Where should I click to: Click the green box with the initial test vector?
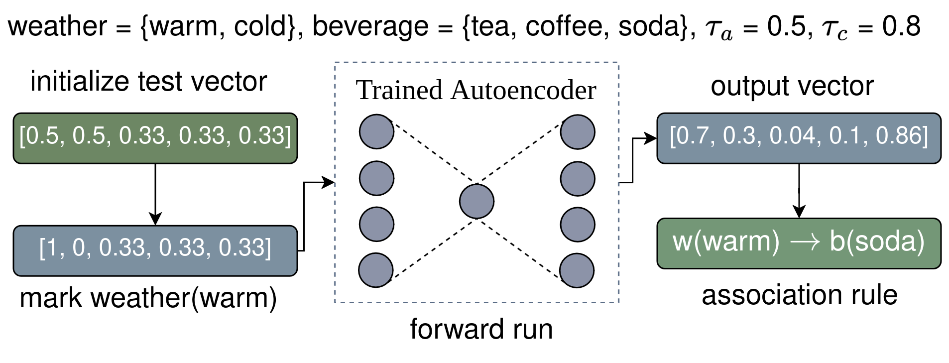tap(155, 138)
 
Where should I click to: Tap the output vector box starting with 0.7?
tap(799, 138)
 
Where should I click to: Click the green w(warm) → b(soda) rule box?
tap(799, 243)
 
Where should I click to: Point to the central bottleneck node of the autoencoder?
tap(476, 201)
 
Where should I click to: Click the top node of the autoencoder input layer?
tap(376, 132)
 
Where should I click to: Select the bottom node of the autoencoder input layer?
tap(376, 270)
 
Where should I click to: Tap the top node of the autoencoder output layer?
tap(578, 132)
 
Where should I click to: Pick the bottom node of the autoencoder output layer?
tap(577, 270)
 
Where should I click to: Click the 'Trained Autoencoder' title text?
tap(475, 91)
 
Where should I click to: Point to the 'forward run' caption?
tap(481, 329)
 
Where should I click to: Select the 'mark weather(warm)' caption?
tap(148, 298)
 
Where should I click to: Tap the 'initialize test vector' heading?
tap(148, 81)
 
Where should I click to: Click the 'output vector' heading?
tap(792, 86)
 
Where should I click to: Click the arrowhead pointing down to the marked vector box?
tap(155, 219)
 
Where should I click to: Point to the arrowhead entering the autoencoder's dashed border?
tap(329, 182)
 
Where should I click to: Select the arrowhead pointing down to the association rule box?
tap(799, 212)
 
